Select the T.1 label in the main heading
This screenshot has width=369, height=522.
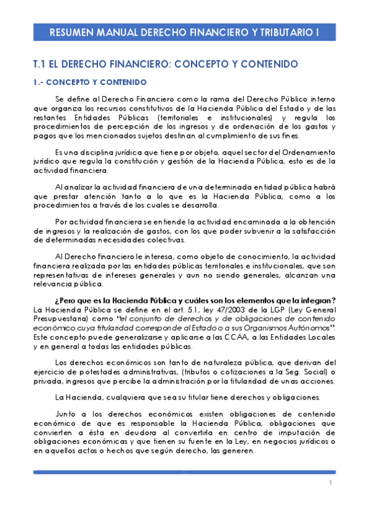coord(40,64)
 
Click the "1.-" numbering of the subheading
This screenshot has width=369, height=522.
coord(38,82)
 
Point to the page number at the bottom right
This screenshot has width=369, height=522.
coord(330,483)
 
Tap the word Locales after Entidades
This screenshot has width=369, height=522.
coord(319,337)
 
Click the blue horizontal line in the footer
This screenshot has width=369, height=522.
coord(184,472)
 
